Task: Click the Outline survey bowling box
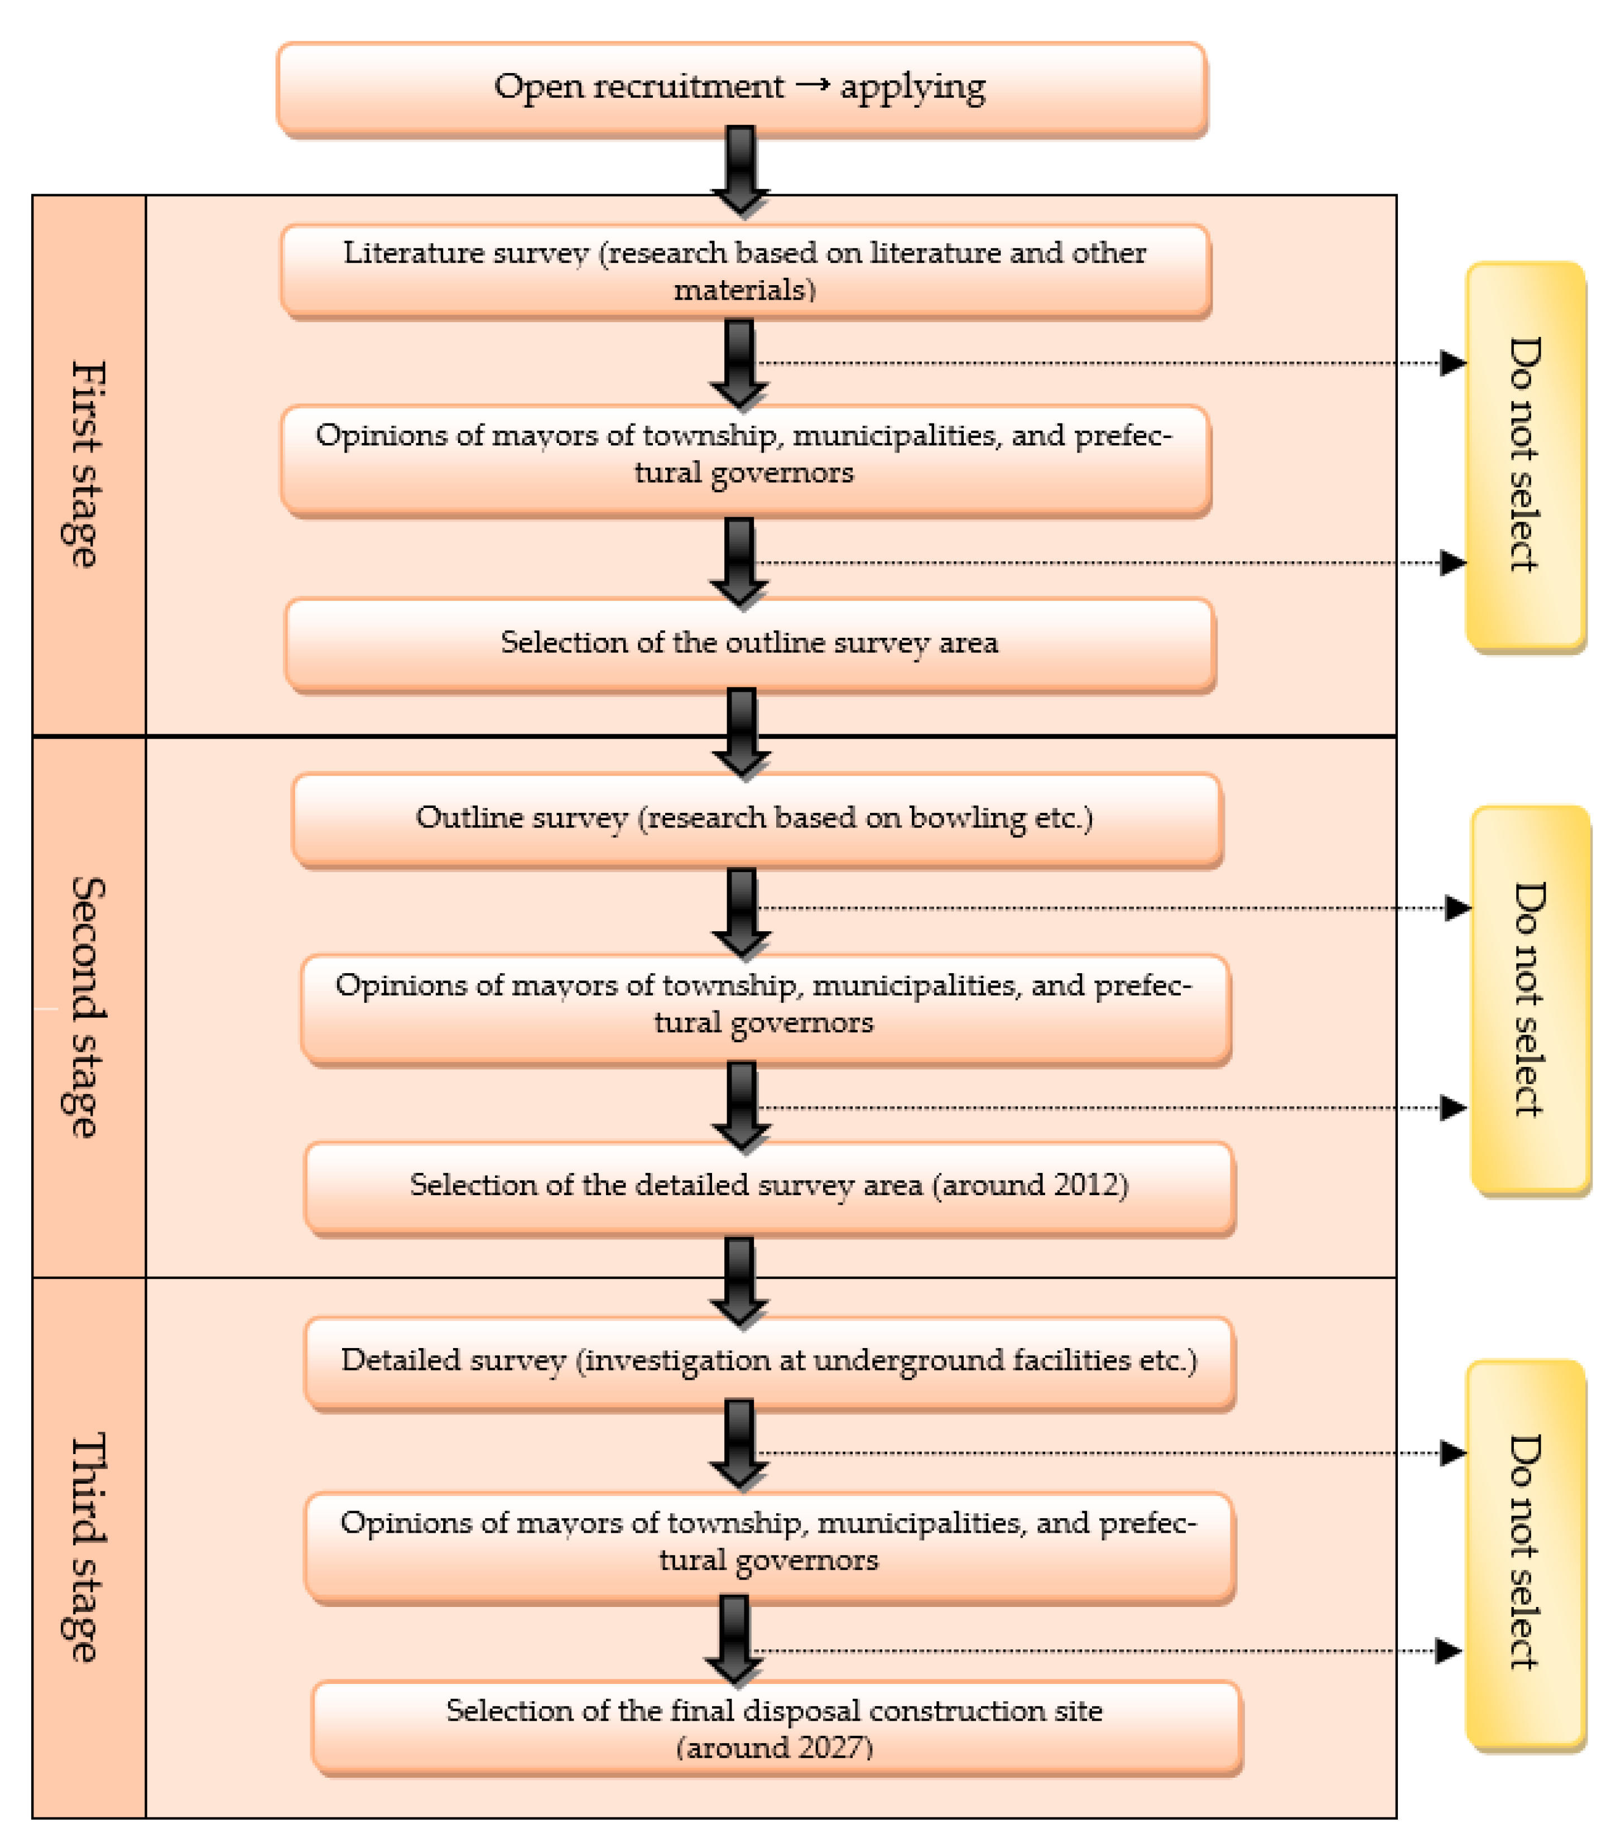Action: coord(755,818)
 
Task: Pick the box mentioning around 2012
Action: coord(768,1186)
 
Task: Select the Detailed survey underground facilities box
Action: coord(768,1361)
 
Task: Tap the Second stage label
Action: coord(87,1007)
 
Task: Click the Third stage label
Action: coord(87,1546)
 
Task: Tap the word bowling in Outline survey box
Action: coord(966,818)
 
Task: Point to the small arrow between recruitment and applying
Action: coord(812,85)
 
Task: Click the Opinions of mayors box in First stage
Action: coord(744,455)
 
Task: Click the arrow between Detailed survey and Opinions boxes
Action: coord(739,1443)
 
